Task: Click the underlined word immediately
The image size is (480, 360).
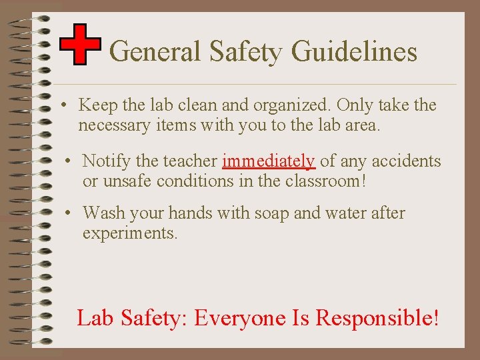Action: (x=269, y=161)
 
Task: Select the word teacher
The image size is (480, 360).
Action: (x=193, y=161)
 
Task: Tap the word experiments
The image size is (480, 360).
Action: (x=129, y=233)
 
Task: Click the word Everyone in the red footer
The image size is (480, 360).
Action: (x=241, y=318)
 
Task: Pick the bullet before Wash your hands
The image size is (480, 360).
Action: (x=67, y=214)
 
